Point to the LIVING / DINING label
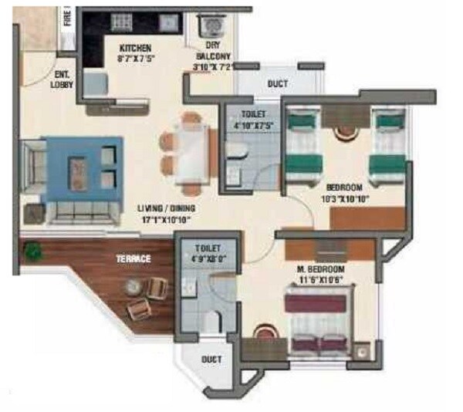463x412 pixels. [x=166, y=208]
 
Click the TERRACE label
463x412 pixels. [x=133, y=259]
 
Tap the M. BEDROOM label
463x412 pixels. [x=324, y=269]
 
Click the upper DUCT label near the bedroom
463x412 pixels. [x=278, y=83]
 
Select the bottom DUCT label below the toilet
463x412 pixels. [x=211, y=360]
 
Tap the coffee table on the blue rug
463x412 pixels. [x=78, y=168]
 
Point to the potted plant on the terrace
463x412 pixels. [x=33, y=251]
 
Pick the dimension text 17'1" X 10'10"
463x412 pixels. [x=166, y=220]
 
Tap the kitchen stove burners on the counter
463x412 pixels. [x=122, y=22]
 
